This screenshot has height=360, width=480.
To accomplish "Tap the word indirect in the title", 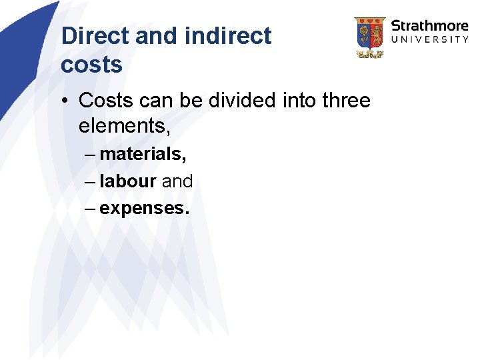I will [x=227, y=36].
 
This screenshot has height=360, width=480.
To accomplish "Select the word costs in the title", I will [x=91, y=65].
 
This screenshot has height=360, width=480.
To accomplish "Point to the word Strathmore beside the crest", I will [x=429, y=26].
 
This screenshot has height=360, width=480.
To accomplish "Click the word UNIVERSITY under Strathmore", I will [x=429, y=39].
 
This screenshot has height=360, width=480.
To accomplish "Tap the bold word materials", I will [x=143, y=154].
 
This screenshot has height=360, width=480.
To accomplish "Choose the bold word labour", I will [x=127, y=181].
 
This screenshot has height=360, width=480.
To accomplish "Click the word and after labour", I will [x=177, y=181].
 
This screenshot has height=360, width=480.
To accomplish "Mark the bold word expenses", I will [x=144, y=208].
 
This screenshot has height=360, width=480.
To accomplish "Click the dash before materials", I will [x=90, y=155].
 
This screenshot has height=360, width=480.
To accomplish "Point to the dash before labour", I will [x=90, y=181].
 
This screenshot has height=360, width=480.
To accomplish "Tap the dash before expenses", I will [x=90, y=208].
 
